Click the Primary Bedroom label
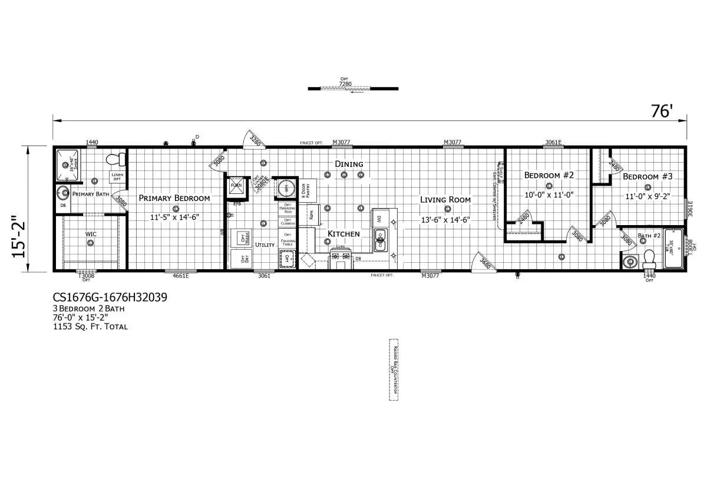tap(174, 198)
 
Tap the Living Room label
tap(445, 200)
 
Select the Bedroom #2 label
tap(549, 175)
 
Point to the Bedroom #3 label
tap(648, 177)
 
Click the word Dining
tap(349, 164)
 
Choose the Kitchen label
tap(343, 234)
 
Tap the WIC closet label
tap(91, 235)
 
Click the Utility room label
tap(265, 245)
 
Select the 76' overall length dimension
tap(662, 111)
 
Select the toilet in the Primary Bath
tap(117, 159)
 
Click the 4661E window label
tap(180, 276)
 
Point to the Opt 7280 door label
tap(345, 82)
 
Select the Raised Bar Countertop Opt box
tap(393, 369)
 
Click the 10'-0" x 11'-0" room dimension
tap(549, 194)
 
